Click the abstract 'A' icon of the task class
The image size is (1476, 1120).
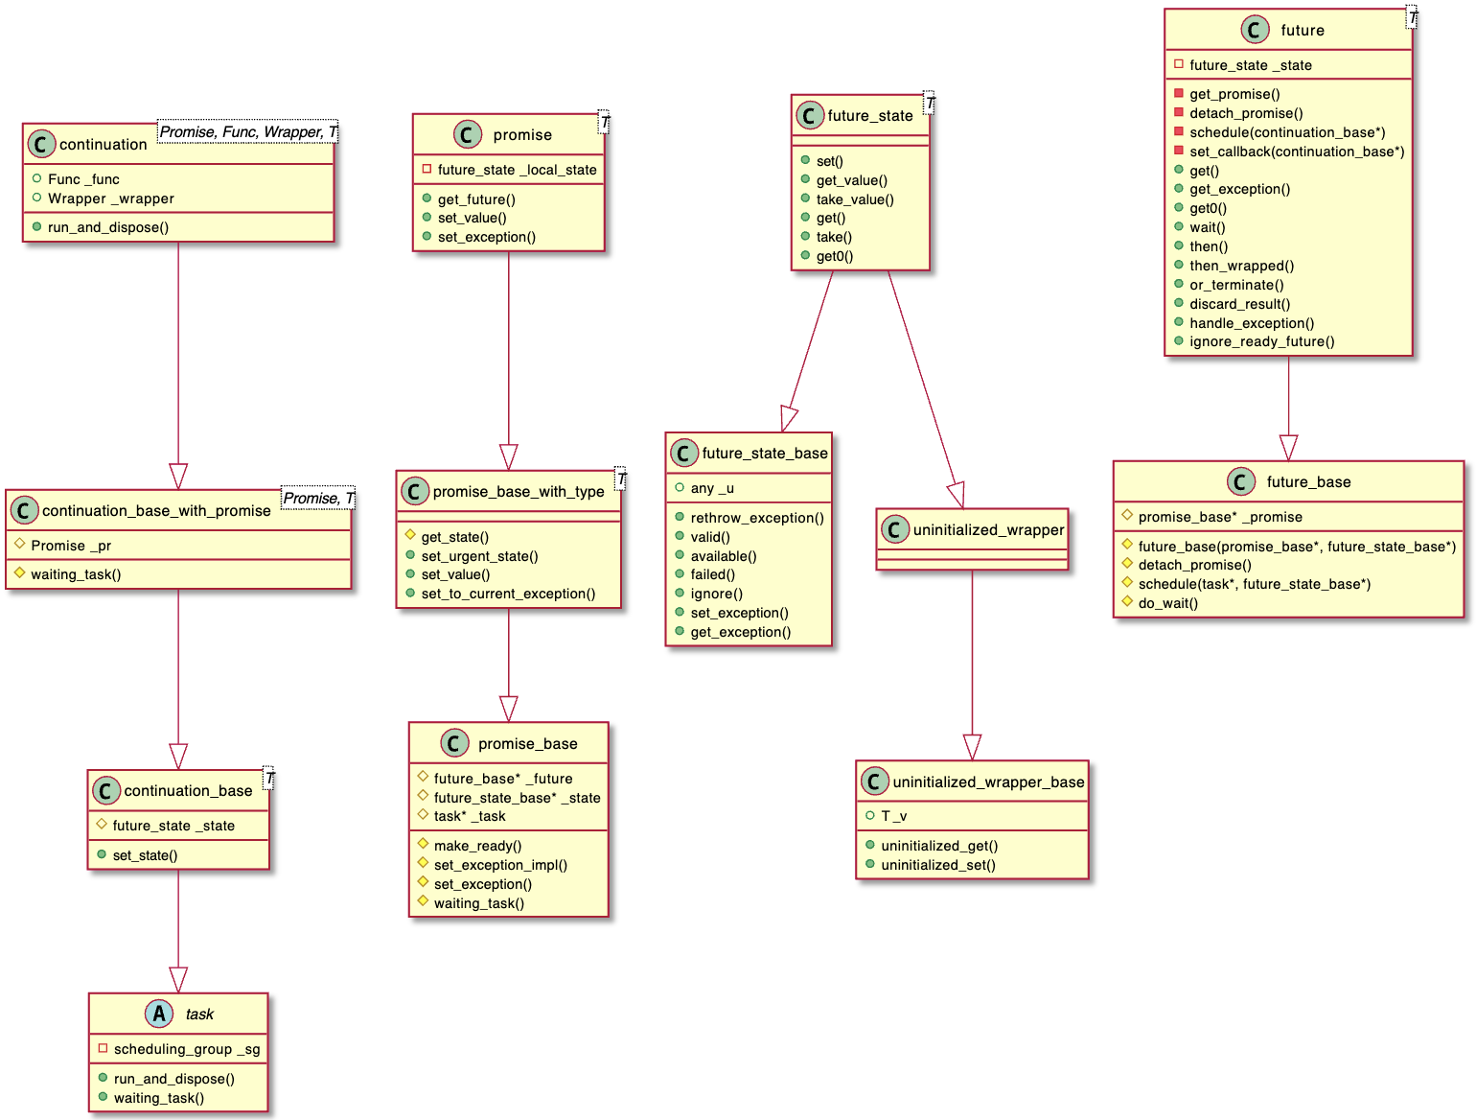159,1014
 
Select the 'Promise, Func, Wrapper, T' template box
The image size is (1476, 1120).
247,132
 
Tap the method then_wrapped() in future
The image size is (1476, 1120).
1241,266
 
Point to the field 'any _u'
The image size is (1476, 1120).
711,488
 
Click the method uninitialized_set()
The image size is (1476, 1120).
937,865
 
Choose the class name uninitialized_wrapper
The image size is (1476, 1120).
988,529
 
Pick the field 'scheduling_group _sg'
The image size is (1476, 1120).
186,1049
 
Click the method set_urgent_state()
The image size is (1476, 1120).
479,556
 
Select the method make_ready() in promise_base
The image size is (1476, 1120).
477,846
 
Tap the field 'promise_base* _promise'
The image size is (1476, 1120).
1219,517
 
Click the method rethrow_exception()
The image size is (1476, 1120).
756,518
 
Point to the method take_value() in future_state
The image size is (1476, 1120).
854,199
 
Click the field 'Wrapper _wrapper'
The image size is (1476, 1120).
110,198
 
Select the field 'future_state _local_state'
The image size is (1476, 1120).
517,170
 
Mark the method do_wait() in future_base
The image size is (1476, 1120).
1167,603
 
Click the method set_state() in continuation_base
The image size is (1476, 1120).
145,855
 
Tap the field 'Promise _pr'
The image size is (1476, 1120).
71,546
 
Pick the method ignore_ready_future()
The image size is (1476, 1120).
1261,341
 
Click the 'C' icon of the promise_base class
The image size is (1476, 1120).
454,743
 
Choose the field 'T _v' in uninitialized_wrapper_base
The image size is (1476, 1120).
893,816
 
